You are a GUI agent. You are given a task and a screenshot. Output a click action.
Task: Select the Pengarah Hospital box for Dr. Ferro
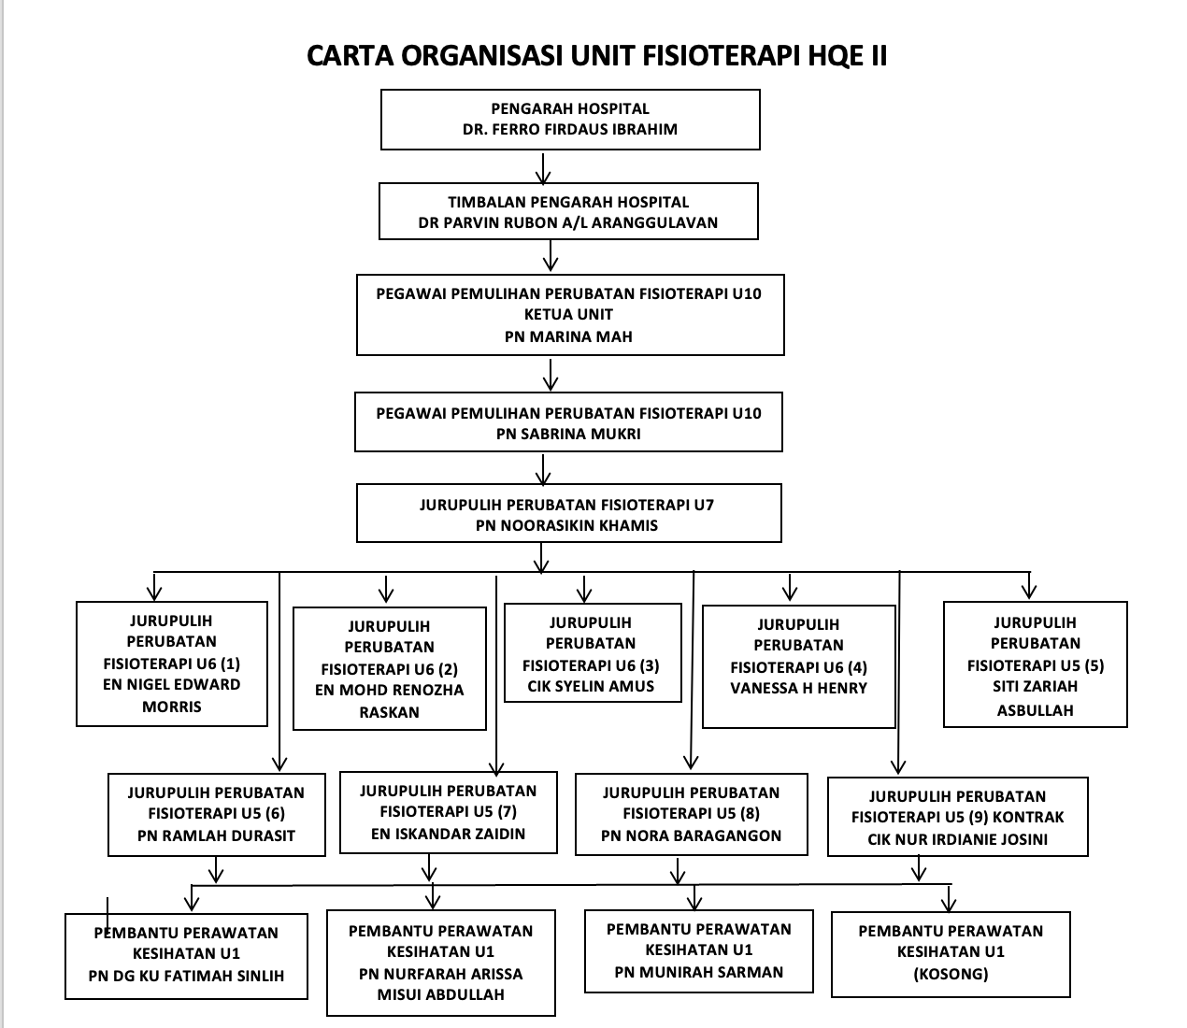tap(570, 120)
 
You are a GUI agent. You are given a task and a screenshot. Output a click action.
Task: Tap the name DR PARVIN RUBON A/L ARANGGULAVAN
tap(568, 222)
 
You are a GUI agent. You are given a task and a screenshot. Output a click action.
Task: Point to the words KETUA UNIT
tap(568, 315)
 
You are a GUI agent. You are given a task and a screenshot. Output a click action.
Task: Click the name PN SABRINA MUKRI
tap(568, 435)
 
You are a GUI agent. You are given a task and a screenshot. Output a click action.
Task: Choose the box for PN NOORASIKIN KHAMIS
tap(569, 513)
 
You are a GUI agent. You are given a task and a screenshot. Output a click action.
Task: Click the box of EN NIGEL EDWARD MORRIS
tap(172, 664)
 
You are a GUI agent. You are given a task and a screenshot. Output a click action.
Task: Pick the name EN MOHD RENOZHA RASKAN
tap(390, 701)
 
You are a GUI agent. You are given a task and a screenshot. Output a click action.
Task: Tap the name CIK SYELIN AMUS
tap(591, 686)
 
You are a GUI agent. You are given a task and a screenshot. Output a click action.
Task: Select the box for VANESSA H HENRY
tap(799, 666)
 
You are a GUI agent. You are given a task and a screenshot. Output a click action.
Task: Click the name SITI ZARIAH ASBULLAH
tap(1036, 698)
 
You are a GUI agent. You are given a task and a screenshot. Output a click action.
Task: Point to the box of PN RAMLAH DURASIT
tap(217, 814)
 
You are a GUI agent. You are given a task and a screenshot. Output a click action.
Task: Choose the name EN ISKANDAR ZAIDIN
tap(448, 834)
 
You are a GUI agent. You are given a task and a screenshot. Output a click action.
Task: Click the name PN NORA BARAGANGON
tap(692, 835)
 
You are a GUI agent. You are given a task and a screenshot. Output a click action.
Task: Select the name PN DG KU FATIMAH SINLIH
tap(186, 976)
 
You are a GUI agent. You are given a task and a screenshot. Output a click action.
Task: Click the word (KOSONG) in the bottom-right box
tap(951, 974)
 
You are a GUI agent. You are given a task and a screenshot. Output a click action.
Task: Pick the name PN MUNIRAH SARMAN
tap(699, 972)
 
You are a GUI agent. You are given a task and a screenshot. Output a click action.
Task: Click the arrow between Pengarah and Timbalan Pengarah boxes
tap(543, 168)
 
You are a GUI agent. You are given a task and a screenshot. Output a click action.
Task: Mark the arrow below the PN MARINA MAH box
tap(551, 375)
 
